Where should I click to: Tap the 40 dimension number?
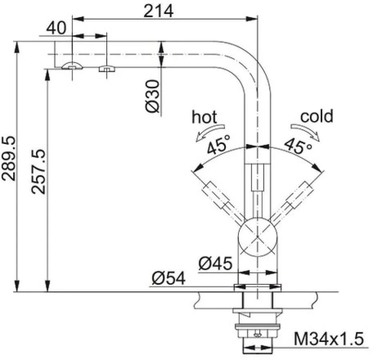coord(56,28)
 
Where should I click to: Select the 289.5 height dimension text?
coord(9,158)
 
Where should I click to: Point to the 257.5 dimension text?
coord(38,172)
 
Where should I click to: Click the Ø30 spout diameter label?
coord(152,96)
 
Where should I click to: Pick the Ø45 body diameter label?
coord(215,264)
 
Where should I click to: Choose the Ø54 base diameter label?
coord(168,278)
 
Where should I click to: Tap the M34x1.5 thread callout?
coord(329,338)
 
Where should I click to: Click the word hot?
coord(205,117)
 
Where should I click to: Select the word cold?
coord(317,116)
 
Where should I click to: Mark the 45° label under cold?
coord(298,145)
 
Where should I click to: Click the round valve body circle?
coord(258,237)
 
